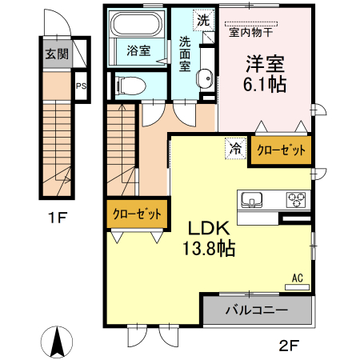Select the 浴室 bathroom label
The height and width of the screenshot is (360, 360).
[138, 50]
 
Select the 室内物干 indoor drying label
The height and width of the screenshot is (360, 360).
[250, 34]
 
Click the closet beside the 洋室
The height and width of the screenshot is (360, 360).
[281, 150]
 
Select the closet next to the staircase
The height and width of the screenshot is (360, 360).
[137, 214]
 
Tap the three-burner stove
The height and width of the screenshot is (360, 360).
[295, 199]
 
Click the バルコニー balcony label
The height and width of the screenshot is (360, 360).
[257, 310]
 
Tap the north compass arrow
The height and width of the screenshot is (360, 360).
[58, 342]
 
